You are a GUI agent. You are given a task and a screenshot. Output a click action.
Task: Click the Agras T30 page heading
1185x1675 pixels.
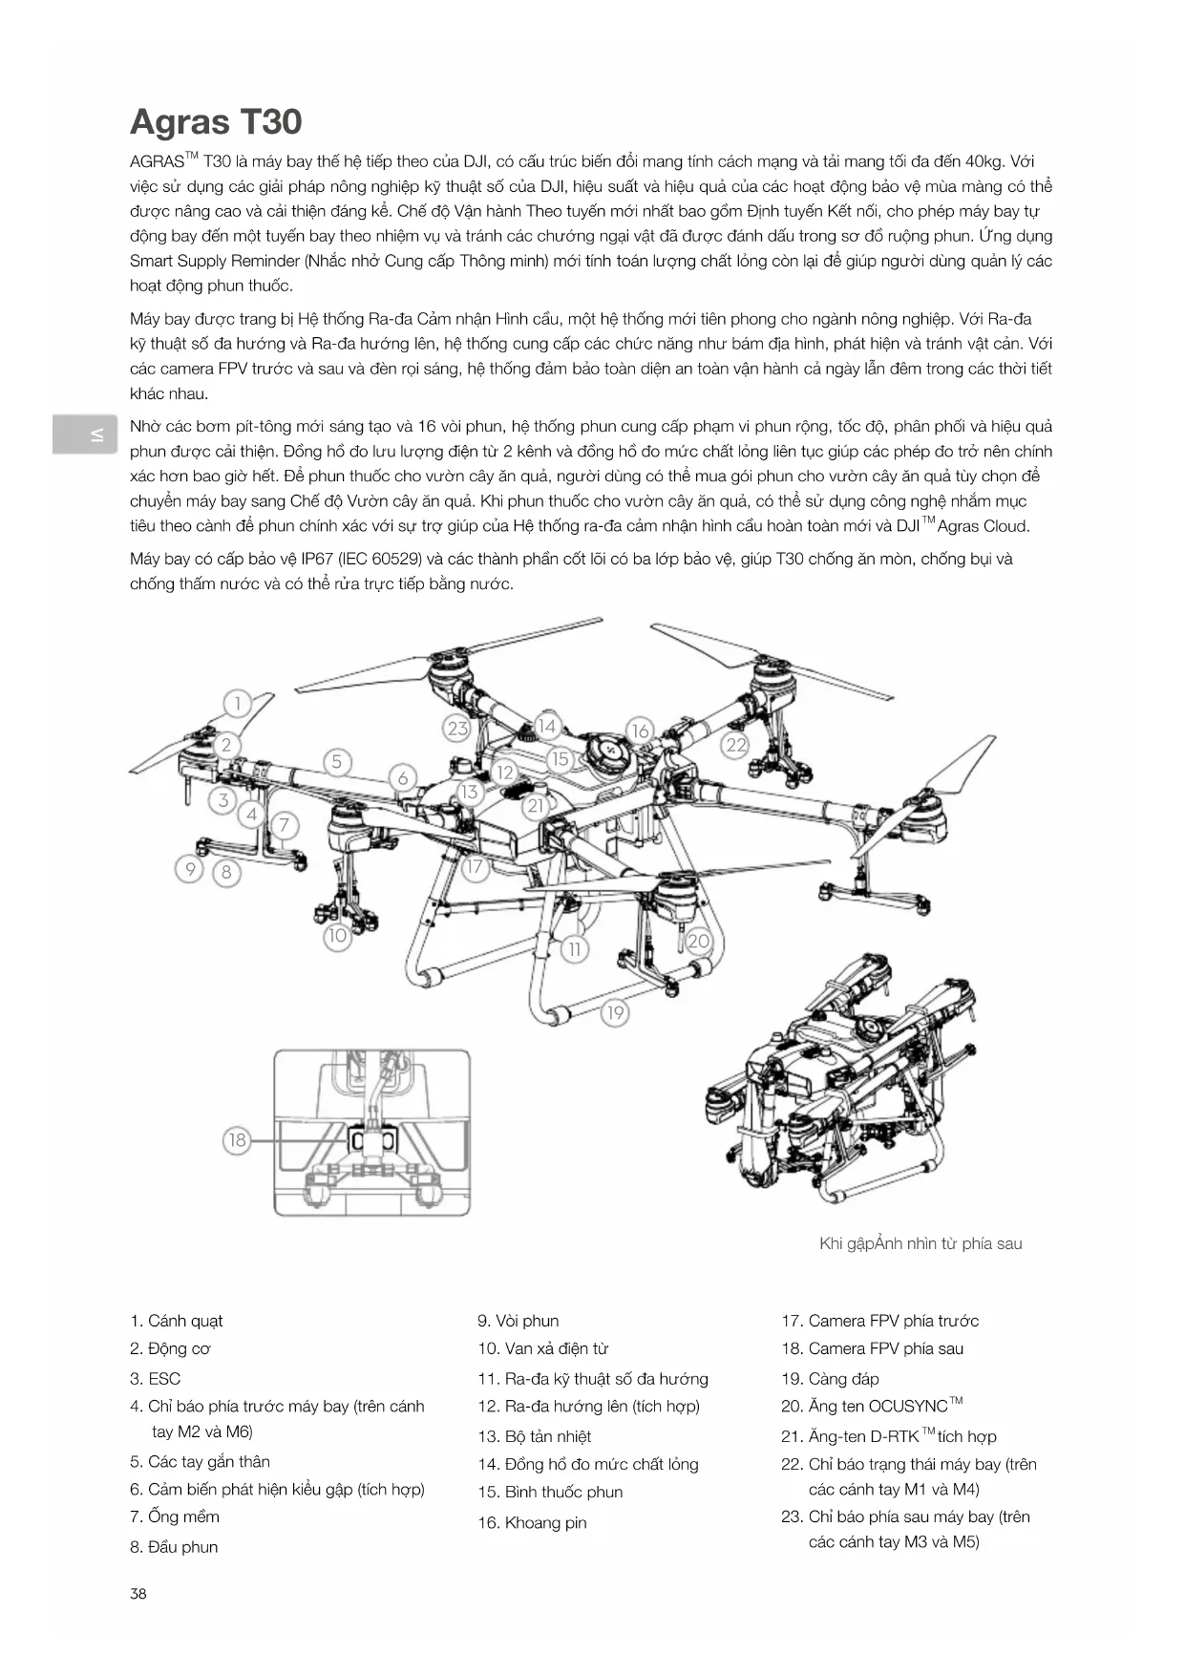[216, 122]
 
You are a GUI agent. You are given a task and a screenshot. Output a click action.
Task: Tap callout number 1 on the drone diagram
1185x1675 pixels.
[238, 704]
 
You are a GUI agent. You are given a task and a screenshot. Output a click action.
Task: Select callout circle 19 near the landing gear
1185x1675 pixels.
[615, 1013]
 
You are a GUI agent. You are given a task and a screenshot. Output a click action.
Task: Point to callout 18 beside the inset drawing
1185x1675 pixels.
[237, 1139]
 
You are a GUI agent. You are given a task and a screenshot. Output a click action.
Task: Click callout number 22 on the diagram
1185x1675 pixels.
[735, 745]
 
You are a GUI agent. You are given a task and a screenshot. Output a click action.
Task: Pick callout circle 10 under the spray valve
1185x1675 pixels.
[337, 936]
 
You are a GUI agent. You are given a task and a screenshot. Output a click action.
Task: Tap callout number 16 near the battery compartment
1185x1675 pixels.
[640, 731]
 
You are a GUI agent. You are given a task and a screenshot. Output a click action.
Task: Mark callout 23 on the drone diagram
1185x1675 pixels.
[458, 729]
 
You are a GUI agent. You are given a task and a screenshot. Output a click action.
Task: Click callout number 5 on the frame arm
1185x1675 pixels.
[337, 762]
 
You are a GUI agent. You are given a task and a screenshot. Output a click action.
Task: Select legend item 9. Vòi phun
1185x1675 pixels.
[518, 1321]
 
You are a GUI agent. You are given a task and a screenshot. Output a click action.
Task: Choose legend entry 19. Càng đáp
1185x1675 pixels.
[830, 1379]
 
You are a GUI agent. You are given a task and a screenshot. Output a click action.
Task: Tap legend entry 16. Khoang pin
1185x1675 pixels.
[532, 1522]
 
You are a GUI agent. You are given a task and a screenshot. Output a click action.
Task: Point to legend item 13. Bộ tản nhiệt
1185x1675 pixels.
[535, 1436]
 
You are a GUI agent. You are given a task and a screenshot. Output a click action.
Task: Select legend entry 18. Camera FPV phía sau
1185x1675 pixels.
[872, 1348]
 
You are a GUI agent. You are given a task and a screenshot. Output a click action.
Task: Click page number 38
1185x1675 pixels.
[138, 1594]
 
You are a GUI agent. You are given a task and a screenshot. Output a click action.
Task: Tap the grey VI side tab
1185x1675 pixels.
[86, 435]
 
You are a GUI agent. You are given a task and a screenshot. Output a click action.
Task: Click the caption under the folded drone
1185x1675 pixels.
[920, 1243]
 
